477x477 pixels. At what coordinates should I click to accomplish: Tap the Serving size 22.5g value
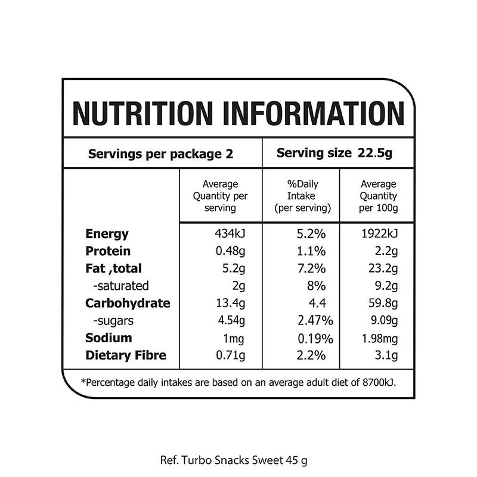click(x=334, y=153)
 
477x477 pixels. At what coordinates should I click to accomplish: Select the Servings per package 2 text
click(x=160, y=154)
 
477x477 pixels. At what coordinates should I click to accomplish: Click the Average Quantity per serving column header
click(x=220, y=196)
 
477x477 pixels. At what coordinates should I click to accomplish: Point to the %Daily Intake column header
click(x=302, y=196)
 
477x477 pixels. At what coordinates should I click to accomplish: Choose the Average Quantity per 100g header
click(x=378, y=196)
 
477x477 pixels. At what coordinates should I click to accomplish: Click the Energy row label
click(x=107, y=234)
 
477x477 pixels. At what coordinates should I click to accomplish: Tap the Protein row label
click(x=108, y=251)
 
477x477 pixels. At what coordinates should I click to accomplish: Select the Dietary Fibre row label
click(x=126, y=356)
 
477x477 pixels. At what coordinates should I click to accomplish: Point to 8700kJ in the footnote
click(x=377, y=382)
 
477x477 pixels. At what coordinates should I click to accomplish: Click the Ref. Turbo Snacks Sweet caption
click(x=234, y=460)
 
